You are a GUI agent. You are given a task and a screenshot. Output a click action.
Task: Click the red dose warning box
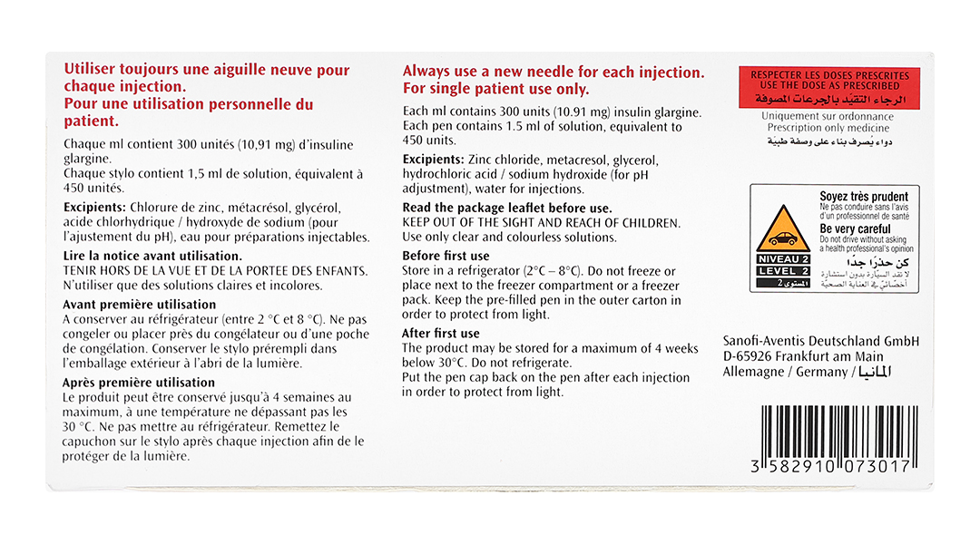pos(828,88)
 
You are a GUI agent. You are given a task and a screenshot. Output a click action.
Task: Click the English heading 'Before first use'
pos(446,257)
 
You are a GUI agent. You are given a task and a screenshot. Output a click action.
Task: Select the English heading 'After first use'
pos(441,334)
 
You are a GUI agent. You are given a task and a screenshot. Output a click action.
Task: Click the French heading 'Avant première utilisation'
pos(140,305)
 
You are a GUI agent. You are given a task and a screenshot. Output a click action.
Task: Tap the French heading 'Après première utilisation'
pos(140,383)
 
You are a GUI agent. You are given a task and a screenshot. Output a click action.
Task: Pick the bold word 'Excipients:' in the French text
pos(95,208)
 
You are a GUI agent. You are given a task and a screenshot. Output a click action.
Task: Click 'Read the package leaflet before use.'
pos(507,209)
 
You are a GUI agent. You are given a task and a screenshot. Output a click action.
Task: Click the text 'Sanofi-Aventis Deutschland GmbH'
pos(821,340)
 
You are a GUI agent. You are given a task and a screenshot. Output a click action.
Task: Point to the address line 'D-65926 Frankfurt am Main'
pos(803,356)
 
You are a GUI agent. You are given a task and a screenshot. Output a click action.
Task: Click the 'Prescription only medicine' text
pos(827,129)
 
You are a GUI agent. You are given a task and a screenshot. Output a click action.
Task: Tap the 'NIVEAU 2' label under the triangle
pos(782,259)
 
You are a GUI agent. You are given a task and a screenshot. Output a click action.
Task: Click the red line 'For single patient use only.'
pos(496,90)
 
